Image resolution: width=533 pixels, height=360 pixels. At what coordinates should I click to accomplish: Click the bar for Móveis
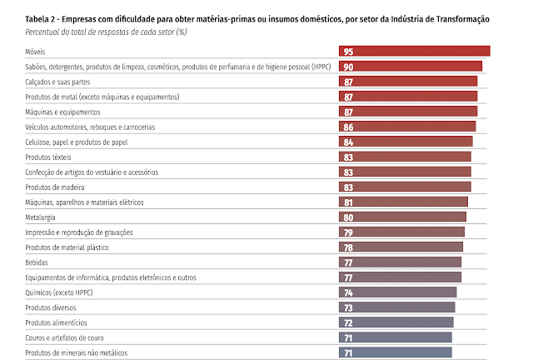414,52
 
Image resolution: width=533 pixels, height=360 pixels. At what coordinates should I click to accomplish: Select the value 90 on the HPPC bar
348,67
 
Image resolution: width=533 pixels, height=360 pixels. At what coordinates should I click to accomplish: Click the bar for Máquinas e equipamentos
408,112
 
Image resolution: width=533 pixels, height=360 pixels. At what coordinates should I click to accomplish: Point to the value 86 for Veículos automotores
348,127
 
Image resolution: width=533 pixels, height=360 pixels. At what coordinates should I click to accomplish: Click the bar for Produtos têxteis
405,157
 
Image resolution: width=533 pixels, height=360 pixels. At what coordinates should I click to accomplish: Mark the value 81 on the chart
348,202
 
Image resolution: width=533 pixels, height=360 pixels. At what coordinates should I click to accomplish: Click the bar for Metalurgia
402,217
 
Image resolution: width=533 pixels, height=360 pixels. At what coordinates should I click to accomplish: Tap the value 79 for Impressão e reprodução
348,232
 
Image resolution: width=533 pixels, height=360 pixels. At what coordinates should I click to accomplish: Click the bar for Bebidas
400,262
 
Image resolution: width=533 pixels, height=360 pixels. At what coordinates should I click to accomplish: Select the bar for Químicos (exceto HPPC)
398,292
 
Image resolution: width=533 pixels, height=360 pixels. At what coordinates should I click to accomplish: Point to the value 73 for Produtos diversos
348,307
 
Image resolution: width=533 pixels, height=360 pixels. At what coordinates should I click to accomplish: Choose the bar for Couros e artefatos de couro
396,337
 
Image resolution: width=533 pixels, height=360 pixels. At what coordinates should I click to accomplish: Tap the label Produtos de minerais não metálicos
77,352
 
